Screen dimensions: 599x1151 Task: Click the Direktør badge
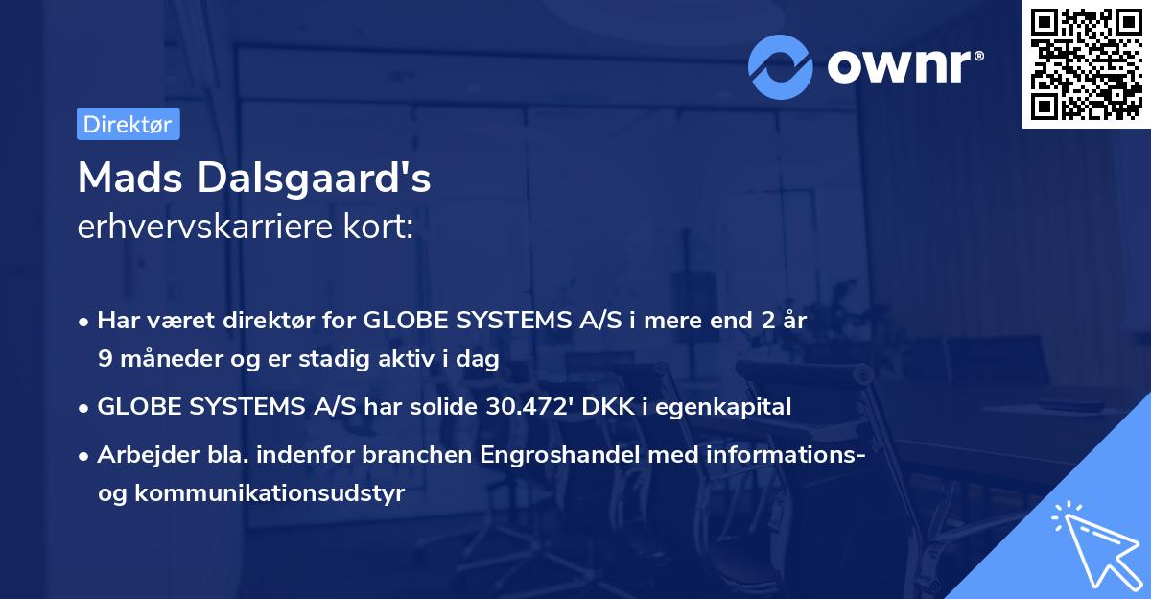point(128,124)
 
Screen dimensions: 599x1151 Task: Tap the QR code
point(1086,64)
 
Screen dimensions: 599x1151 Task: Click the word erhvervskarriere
point(208,228)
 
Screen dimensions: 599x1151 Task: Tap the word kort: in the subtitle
point(381,228)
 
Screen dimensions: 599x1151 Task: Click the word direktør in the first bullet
point(297,321)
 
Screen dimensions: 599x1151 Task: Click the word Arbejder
point(140,455)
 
